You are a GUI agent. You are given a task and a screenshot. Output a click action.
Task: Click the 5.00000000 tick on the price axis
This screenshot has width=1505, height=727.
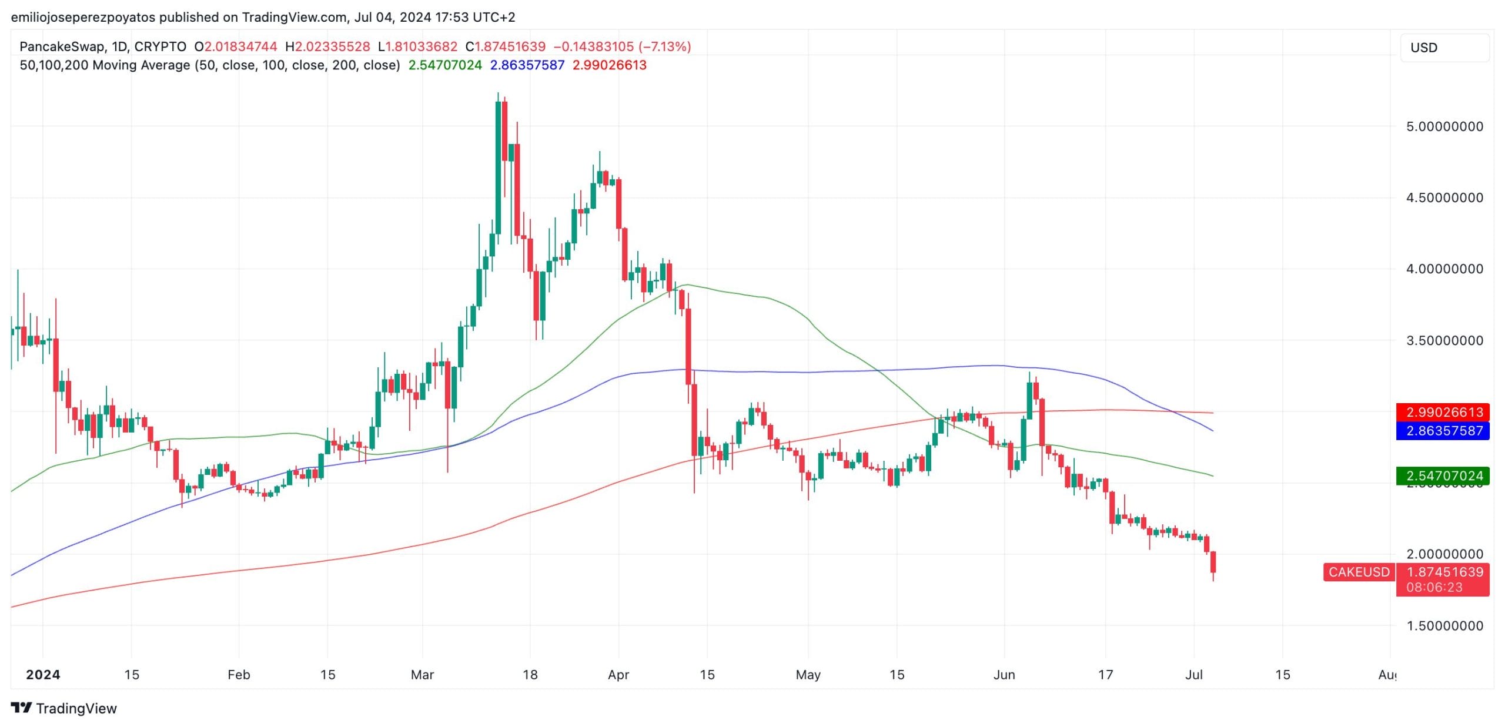click(1444, 126)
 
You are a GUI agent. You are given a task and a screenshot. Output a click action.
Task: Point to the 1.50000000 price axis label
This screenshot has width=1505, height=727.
click(1444, 626)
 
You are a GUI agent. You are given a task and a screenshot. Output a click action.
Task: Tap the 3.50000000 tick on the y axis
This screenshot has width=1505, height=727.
click(1444, 340)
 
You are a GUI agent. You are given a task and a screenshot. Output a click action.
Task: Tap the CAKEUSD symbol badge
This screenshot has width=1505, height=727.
click(1359, 572)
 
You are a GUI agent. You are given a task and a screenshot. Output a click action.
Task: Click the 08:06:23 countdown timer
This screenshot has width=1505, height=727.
click(1434, 587)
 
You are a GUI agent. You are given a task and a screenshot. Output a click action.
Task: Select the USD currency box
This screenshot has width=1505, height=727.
click(1444, 48)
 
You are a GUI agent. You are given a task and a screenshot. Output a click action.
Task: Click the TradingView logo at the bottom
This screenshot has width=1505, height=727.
click(64, 708)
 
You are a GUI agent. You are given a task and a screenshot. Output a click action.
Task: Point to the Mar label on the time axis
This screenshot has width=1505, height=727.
click(422, 675)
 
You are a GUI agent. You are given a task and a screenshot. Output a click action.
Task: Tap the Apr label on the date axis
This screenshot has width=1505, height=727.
click(618, 675)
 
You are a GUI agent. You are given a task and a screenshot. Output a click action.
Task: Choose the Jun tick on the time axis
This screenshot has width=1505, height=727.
click(1004, 675)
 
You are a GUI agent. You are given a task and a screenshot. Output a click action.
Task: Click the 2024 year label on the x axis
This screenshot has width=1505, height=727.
click(43, 675)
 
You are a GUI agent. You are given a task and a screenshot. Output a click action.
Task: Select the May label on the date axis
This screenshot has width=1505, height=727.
click(808, 675)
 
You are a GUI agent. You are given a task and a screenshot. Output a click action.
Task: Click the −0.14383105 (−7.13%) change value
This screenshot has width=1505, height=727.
click(622, 46)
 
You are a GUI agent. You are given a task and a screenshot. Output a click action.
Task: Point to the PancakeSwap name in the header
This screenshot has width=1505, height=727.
click(62, 46)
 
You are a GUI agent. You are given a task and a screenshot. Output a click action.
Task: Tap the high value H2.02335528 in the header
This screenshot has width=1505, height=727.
click(327, 46)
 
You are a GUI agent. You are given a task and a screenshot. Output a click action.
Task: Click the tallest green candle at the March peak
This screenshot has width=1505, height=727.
click(498, 167)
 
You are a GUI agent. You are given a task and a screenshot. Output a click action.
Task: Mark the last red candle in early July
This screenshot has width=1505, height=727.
click(1213, 562)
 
